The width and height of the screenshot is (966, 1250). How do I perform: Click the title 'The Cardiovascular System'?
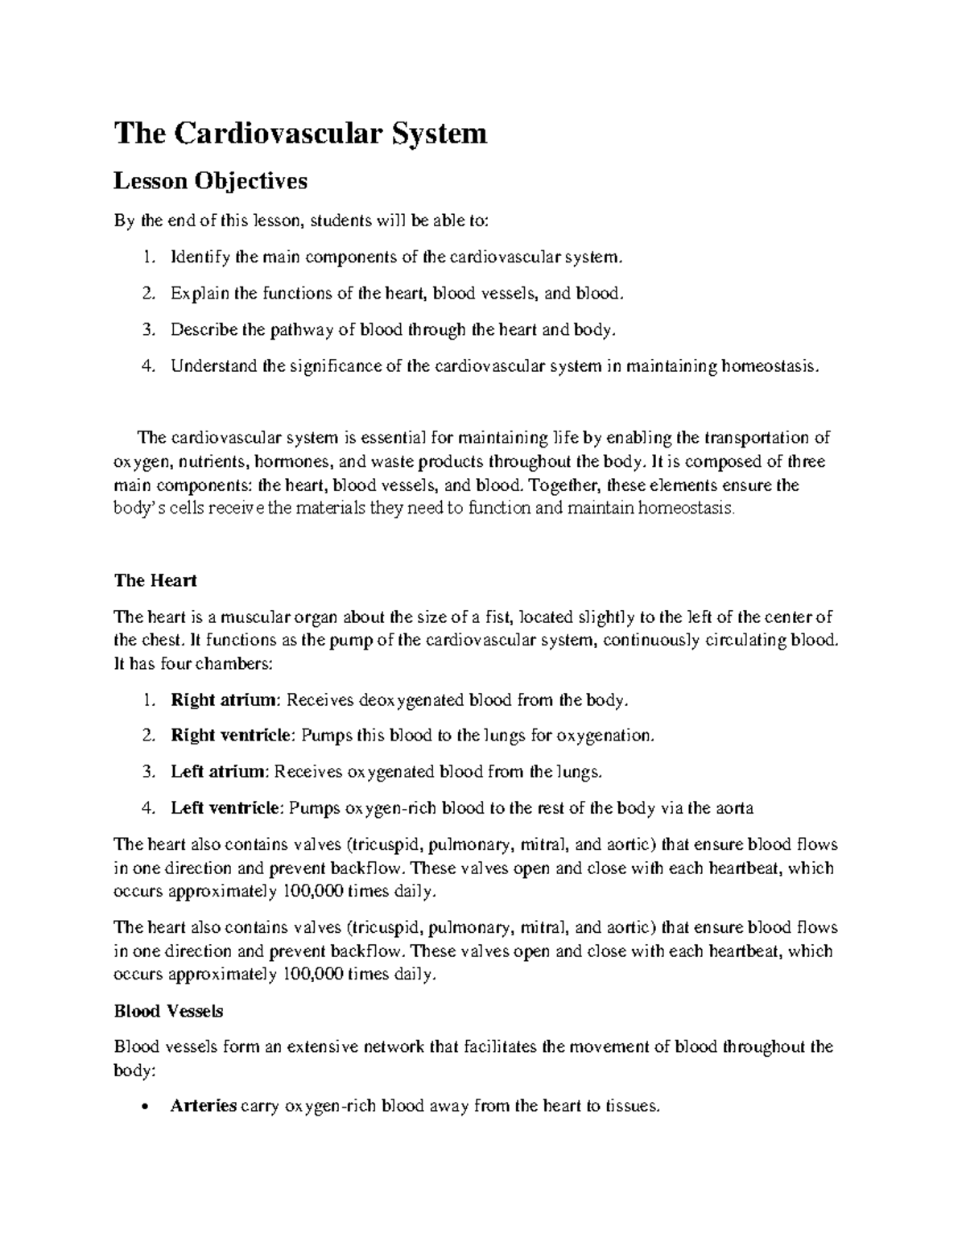(300, 133)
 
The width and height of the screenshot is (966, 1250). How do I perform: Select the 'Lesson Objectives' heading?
(210, 181)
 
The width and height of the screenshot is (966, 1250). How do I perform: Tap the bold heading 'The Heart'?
(155, 580)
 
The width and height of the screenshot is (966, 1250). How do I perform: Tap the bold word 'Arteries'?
(204, 1106)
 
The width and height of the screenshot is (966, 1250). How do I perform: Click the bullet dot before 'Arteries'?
(144, 1108)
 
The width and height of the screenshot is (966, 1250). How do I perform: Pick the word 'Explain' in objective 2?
(194, 294)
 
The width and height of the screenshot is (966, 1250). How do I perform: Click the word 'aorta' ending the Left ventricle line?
(734, 808)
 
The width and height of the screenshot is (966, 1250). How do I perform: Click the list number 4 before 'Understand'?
(146, 366)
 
